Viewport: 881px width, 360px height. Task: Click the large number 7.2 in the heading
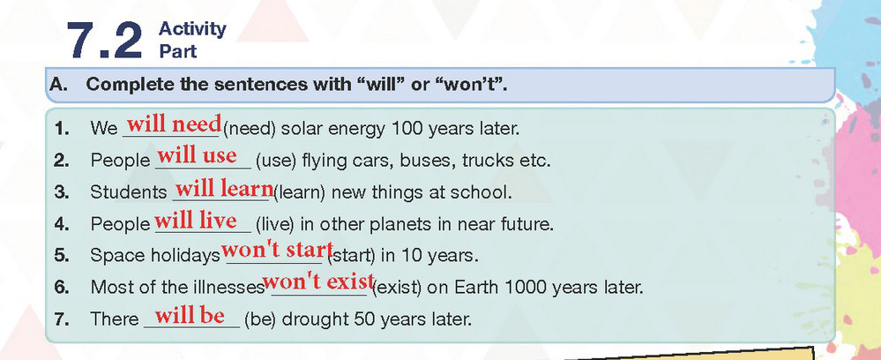(105, 41)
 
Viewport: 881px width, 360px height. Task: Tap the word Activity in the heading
(193, 29)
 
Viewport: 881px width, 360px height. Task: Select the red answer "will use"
(197, 155)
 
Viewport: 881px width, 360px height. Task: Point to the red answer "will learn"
(224, 189)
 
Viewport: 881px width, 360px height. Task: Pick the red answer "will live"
(196, 220)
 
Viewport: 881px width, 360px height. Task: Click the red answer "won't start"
(278, 249)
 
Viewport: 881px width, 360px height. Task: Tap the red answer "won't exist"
(318, 281)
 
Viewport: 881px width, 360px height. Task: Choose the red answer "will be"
(190, 316)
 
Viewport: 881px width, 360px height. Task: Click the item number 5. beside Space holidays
(62, 256)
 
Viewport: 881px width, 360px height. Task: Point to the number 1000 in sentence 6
(526, 288)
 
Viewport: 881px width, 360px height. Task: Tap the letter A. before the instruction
(58, 85)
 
